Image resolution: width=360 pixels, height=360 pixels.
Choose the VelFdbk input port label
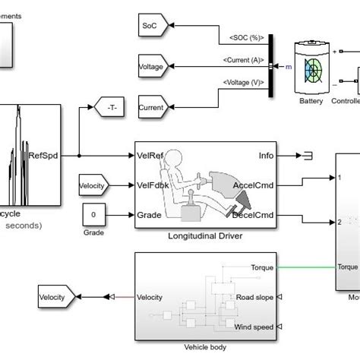coord(156,184)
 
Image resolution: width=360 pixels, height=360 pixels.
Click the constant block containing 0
coord(93,215)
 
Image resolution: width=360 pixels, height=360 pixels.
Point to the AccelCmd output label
coord(255,184)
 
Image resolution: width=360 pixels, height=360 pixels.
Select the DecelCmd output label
coord(256,214)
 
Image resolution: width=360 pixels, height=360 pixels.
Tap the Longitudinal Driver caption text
coord(206,235)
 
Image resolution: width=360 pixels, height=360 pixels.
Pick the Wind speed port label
coord(251,327)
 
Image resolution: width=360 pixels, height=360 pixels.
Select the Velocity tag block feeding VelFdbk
coord(94,184)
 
